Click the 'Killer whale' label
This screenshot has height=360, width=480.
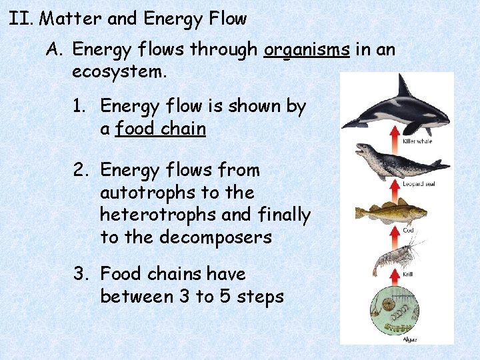coord(418,141)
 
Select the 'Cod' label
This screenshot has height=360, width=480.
coord(407,230)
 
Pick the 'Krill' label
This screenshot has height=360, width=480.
coord(407,273)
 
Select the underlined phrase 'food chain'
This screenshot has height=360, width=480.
coord(160,129)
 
